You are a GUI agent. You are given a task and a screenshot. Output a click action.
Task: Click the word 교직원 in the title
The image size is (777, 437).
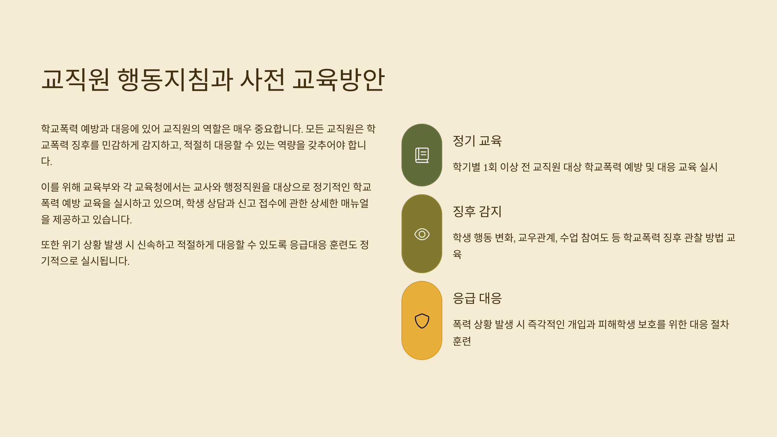(x=75, y=80)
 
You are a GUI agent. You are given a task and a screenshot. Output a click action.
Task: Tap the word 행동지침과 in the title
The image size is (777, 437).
(x=175, y=80)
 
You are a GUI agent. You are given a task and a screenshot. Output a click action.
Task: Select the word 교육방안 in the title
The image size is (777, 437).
(x=339, y=80)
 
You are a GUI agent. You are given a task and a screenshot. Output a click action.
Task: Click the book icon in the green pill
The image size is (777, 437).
(x=422, y=155)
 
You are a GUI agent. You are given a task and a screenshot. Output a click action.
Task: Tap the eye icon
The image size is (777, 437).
(x=422, y=234)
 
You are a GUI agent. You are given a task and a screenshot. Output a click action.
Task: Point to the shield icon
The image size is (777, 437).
(x=422, y=321)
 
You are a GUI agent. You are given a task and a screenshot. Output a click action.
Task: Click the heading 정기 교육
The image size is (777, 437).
(x=477, y=141)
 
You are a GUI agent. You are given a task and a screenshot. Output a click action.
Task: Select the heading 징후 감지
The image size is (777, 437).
(x=477, y=211)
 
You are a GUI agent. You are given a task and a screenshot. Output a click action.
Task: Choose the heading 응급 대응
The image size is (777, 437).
(x=477, y=298)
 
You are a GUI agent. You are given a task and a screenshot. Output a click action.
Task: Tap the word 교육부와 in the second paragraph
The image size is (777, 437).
(x=102, y=187)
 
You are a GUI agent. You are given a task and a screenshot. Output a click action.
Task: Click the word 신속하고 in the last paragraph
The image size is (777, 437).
(x=156, y=245)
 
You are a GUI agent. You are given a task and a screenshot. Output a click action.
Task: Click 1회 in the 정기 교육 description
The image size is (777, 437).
(x=490, y=167)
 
